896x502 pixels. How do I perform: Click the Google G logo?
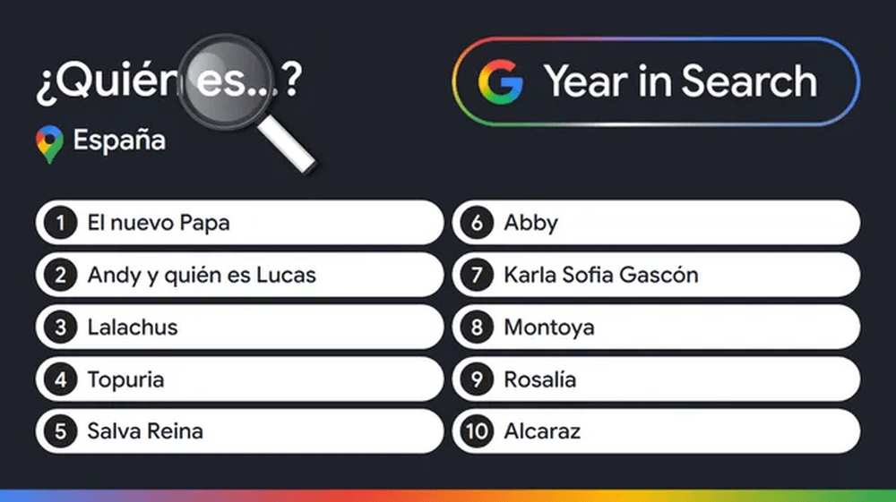[500, 82]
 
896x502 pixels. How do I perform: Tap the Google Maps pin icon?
[48, 144]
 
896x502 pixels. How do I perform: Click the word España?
[119, 141]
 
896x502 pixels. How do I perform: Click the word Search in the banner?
[749, 82]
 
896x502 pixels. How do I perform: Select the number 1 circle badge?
[60, 223]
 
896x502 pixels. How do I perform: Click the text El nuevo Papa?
[159, 223]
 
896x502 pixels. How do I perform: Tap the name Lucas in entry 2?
[286, 275]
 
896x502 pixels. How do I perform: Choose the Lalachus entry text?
[133, 328]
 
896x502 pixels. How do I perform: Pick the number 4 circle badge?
[60, 379]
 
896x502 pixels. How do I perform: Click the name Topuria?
[125, 379]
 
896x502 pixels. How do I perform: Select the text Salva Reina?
[145, 431]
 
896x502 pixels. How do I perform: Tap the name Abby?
[530, 223]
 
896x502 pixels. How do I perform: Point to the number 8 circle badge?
[477, 328]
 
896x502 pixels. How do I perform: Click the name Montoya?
[549, 328]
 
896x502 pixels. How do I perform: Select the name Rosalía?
[540, 379]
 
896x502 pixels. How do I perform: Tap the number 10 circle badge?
[477, 431]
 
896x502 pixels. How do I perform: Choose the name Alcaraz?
[542, 431]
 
